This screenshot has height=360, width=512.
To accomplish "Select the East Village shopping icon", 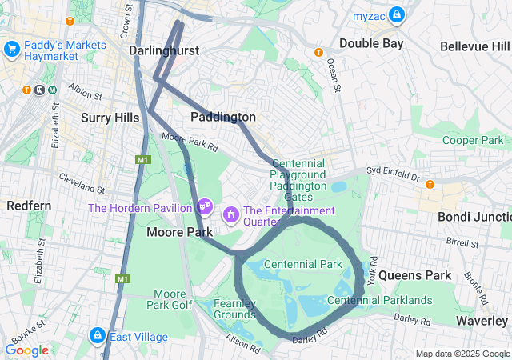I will (97, 336).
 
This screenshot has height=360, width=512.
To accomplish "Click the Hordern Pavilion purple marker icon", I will (206, 207).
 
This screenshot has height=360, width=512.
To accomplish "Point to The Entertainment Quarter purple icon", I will (231, 214).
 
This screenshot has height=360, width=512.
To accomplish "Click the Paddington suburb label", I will (223, 117).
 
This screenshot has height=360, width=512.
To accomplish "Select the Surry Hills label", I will (110, 117).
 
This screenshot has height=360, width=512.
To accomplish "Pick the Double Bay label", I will (371, 43).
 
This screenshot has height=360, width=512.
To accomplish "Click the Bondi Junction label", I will (474, 216).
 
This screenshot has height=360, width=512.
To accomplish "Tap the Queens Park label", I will (414, 275).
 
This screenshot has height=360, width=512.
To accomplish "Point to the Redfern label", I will (29, 206).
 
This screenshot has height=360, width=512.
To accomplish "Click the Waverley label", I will (481, 320).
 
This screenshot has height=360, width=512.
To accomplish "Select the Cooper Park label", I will (472, 140).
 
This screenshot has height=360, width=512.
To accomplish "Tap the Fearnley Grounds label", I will (234, 309).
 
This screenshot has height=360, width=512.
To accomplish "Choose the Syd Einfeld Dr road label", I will (393, 171).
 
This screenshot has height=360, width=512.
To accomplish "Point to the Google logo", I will (26, 350).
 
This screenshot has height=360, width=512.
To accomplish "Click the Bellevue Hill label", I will (475, 46).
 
